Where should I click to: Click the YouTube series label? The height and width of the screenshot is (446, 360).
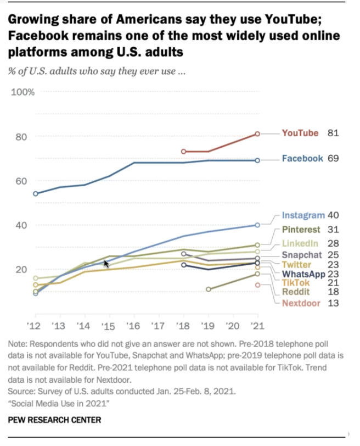point(300,133)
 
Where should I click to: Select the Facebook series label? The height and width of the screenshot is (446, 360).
point(302,159)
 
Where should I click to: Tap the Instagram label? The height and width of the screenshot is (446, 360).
point(303,215)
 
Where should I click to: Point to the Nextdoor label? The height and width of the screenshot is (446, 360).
point(302,303)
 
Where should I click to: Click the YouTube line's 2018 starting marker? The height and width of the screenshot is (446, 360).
point(184,151)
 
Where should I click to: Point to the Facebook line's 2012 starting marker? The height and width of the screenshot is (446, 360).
point(36,194)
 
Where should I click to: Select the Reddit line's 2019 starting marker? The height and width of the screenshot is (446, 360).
point(209,289)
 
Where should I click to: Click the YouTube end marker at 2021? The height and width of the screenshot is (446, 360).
point(257,133)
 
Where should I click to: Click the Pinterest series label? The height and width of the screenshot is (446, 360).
point(303,230)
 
